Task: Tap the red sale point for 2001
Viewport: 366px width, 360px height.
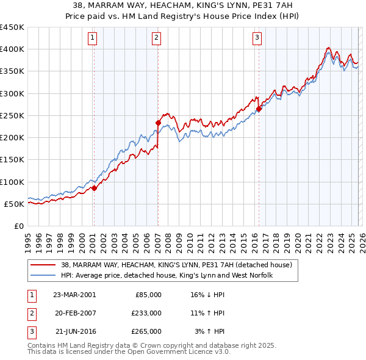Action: click(x=95, y=188)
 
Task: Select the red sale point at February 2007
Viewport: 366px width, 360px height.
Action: click(x=158, y=123)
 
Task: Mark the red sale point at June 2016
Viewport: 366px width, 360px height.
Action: click(x=259, y=109)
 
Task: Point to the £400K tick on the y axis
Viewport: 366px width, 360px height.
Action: click(x=12, y=49)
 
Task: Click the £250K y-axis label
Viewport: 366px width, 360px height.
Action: click(x=12, y=115)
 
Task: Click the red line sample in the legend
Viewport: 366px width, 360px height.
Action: click(x=44, y=265)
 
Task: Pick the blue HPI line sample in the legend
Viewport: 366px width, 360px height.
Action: click(x=44, y=275)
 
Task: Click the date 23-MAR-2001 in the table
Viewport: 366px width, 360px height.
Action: click(x=74, y=294)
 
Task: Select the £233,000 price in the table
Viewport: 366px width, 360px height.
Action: click(x=146, y=312)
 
